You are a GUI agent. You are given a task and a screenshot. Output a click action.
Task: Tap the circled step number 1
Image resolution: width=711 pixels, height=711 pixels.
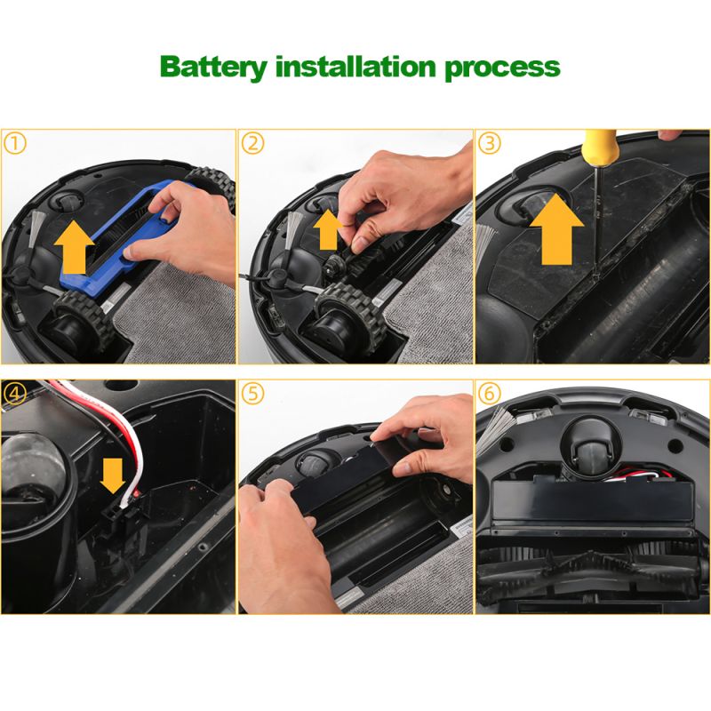pyautogui.click(x=15, y=144)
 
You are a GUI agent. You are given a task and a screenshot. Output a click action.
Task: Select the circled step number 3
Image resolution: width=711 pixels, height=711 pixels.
pyautogui.click(x=490, y=144)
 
